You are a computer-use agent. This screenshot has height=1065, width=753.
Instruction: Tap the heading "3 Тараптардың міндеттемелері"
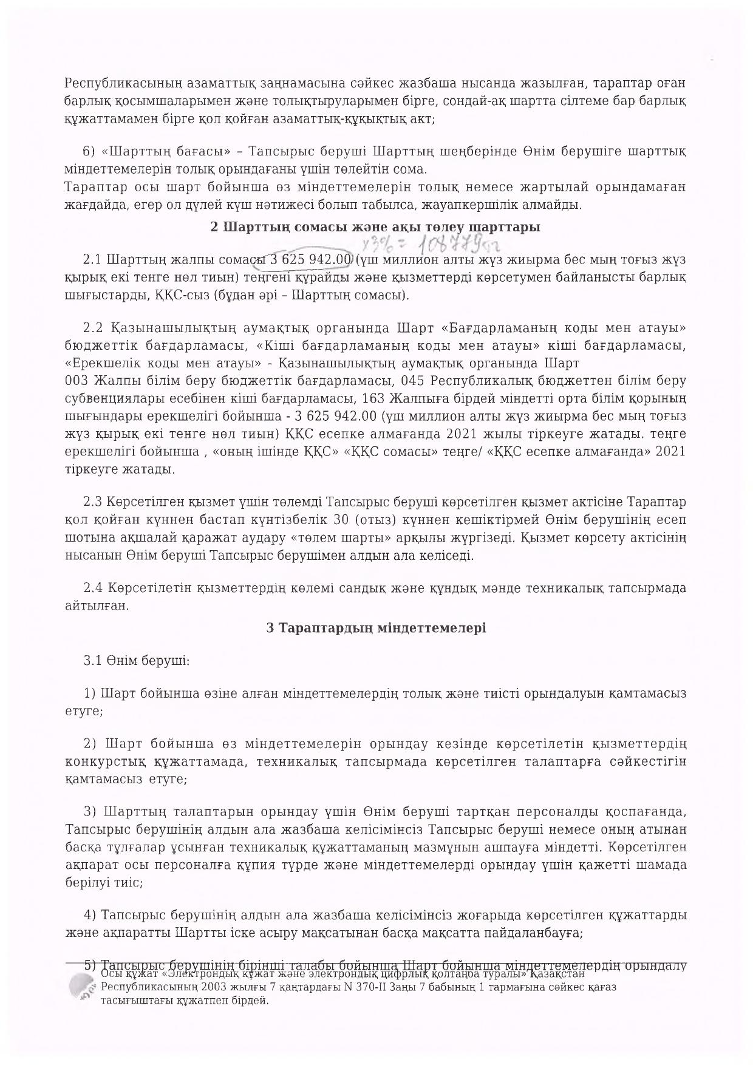click(376, 628)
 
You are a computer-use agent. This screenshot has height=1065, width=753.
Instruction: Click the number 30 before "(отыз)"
click(342, 520)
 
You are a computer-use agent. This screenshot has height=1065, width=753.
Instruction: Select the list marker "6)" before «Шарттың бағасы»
click(88, 151)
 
